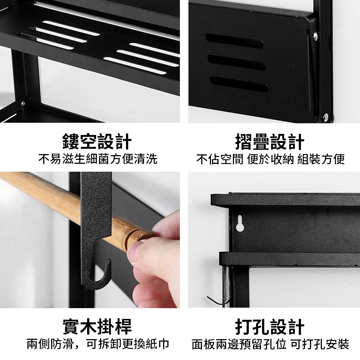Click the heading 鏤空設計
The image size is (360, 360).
click(x=97, y=141)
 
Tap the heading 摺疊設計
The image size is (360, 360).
click(x=270, y=141)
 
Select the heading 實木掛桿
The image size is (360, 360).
click(x=97, y=326)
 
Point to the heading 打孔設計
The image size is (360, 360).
click(x=270, y=326)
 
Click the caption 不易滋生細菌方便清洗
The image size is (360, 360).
click(x=98, y=159)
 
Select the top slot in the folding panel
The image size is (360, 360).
click(x=234, y=41)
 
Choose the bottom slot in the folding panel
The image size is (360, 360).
click(x=239, y=84)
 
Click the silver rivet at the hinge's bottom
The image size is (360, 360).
click(x=325, y=117)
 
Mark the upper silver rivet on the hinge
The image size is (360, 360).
click(x=315, y=36)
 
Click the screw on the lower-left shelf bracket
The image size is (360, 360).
click(x=23, y=103)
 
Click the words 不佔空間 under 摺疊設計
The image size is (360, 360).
click(x=220, y=159)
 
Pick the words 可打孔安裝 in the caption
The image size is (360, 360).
click(x=320, y=344)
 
